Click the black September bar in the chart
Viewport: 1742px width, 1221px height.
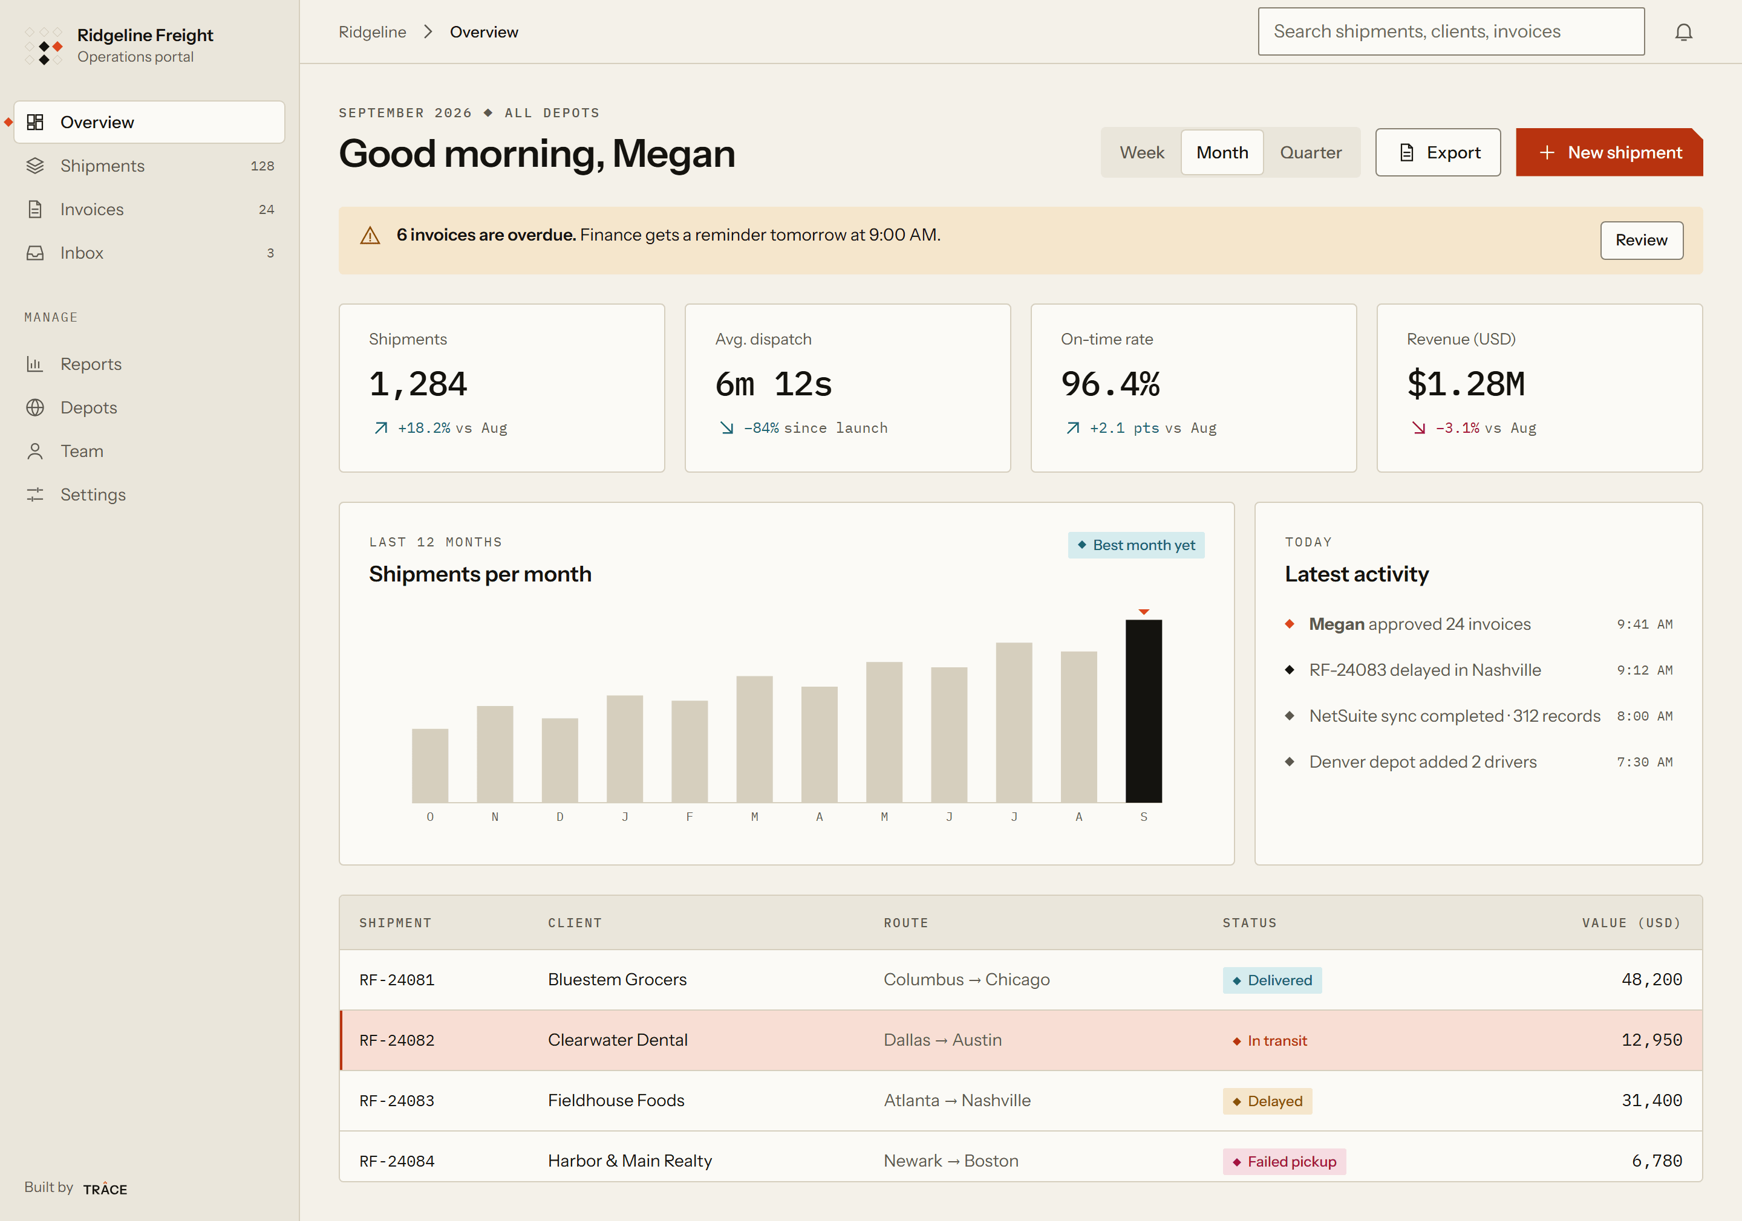coord(1143,711)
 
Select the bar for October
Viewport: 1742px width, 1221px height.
coord(430,765)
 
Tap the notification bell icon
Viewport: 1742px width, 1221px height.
coord(1683,32)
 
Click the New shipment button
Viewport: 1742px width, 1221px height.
coord(1609,152)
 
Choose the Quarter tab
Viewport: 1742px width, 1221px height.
coord(1310,152)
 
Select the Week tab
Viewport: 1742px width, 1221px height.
coord(1142,152)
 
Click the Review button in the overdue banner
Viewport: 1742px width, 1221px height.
coord(1641,241)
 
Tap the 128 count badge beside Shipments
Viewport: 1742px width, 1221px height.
coord(263,166)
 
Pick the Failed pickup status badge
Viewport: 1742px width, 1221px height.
coord(1284,1161)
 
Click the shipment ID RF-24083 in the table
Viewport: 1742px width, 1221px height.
coord(397,1101)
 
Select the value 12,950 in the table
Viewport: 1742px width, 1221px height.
coord(1652,1040)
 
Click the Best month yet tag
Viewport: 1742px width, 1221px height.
coord(1136,545)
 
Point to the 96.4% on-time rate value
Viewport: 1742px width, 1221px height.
coord(1110,384)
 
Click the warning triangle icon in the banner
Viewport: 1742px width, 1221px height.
coord(370,236)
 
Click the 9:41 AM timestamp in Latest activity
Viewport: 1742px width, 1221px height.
coord(1644,624)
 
